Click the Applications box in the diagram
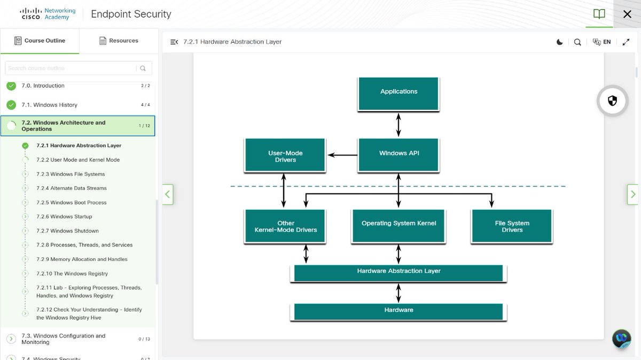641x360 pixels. pyautogui.click(x=398, y=93)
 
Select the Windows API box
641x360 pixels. pyautogui.click(x=398, y=155)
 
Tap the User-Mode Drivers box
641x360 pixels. pyautogui.click(x=285, y=155)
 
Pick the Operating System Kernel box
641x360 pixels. pyautogui.click(x=398, y=226)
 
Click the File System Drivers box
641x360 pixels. pyautogui.click(x=512, y=226)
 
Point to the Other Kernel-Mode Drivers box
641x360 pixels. pyautogui.click(x=285, y=226)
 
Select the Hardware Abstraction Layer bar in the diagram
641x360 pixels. pyautogui.click(x=398, y=273)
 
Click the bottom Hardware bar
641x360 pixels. pyautogui.click(x=398, y=311)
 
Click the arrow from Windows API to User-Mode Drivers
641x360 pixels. pyautogui.click(x=342, y=155)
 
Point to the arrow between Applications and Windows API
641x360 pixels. pyautogui.click(x=398, y=125)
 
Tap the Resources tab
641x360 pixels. pyautogui.click(x=119, y=41)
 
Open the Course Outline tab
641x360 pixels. pyautogui.click(x=40, y=41)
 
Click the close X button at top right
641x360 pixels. pyautogui.click(x=627, y=14)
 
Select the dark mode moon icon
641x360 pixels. pyautogui.click(x=559, y=42)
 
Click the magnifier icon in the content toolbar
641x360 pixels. pyautogui.click(x=577, y=42)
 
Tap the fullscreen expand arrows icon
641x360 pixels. pyautogui.click(x=626, y=42)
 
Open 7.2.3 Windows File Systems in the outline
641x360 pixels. pyautogui.click(x=71, y=174)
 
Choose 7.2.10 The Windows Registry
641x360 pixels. pyautogui.click(x=72, y=273)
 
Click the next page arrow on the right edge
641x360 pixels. pyautogui.click(x=632, y=194)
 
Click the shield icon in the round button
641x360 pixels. pyautogui.click(x=612, y=101)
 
